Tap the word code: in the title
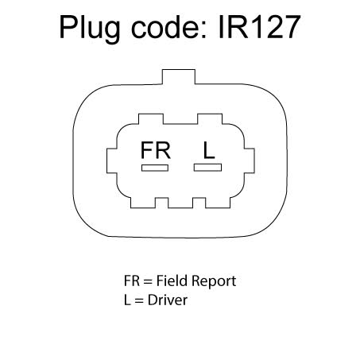point(168,26)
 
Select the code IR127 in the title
point(259,26)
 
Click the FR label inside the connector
point(156,150)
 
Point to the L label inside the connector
point(209,150)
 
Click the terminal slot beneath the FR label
point(155,168)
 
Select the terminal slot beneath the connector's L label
point(207,168)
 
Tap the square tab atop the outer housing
point(179,77)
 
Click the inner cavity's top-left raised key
point(151,119)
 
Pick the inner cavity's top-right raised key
point(210,119)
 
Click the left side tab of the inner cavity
point(112,161)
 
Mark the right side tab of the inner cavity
point(250,161)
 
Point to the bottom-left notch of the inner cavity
point(161,203)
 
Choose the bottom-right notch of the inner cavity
point(199,203)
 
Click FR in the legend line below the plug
point(132,281)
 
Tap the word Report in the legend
point(214,281)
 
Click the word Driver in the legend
point(168,300)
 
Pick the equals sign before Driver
point(139,301)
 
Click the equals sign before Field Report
point(148,281)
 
